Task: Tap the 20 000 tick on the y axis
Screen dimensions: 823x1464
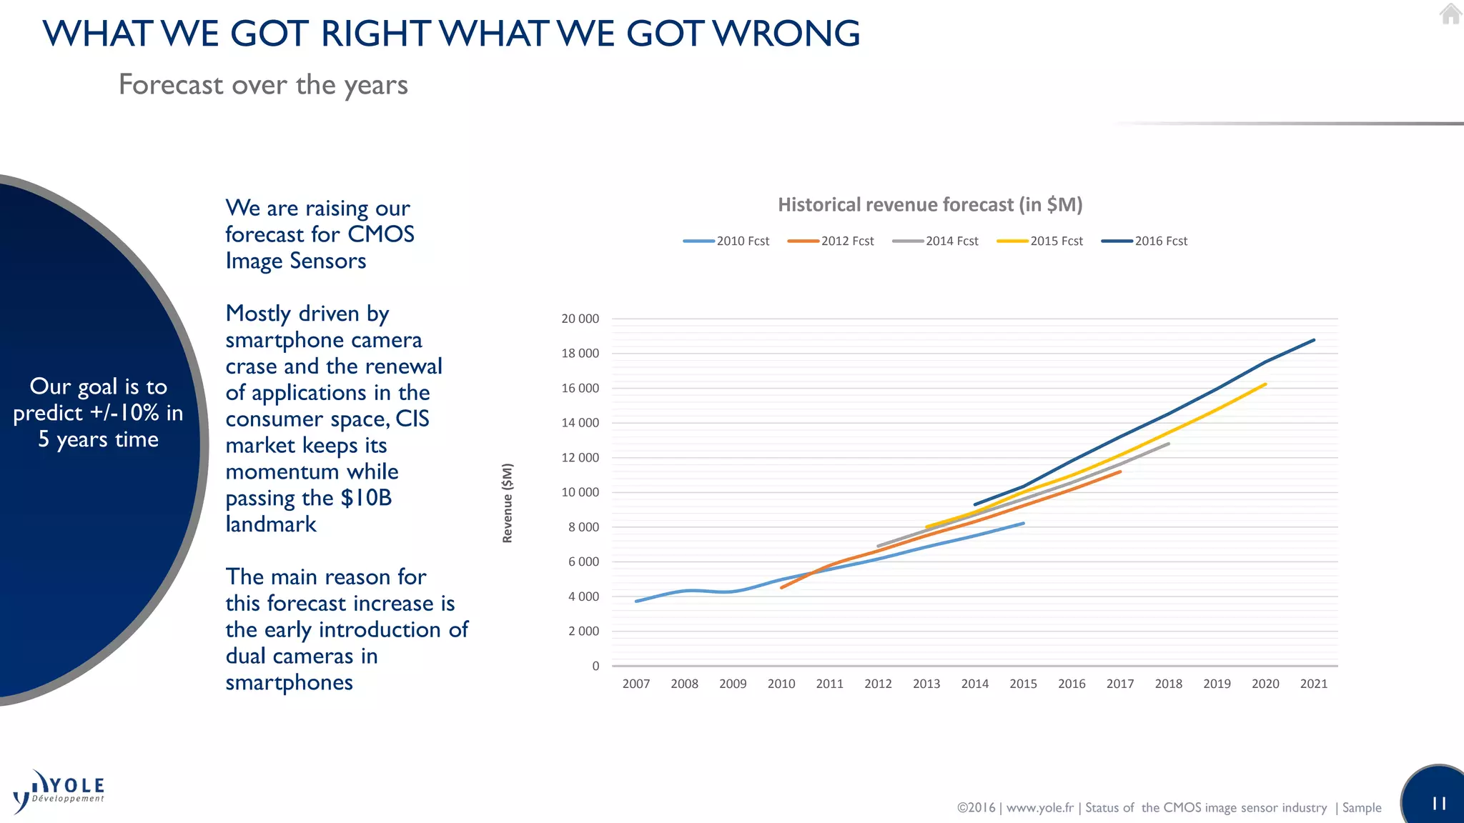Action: click(x=580, y=319)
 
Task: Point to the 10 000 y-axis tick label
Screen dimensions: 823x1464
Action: click(x=580, y=492)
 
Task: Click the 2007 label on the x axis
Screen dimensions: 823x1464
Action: click(x=635, y=684)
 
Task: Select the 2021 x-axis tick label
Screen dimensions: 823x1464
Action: click(x=1313, y=684)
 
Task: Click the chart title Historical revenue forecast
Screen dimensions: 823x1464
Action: click(x=929, y=205)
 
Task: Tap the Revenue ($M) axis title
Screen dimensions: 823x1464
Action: click(x=508, y=503)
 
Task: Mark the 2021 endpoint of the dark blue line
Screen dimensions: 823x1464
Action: click(x=1314, y=340)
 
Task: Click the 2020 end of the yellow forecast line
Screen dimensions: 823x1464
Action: click(x=1265, y=384)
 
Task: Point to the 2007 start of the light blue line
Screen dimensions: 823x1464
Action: click(x=636, y=602)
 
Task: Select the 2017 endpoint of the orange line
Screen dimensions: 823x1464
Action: click(x=1120, y=472)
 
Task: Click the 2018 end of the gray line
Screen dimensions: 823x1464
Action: click(x=1169, y=444)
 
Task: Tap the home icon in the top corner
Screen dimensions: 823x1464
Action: click(x=1450, y=14)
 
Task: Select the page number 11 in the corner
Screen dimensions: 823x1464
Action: click(x=1439, y=804)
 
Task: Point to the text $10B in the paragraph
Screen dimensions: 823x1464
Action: click(x=366, y=498)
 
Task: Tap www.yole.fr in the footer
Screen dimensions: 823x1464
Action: click(x=1039, y=808)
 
